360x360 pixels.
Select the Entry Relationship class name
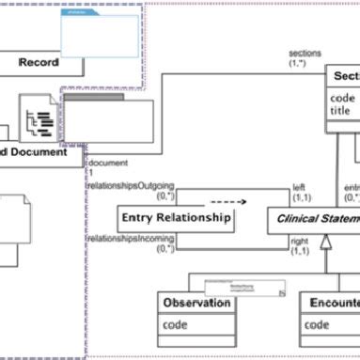tap(175, 217)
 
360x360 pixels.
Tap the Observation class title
tap(196, 303)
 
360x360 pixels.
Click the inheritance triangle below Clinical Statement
tap(325, 243)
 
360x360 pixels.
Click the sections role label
tap(304, 54)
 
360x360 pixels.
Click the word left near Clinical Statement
tap(299, 187)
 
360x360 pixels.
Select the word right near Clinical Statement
tap(299, 241)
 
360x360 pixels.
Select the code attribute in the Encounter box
tap(317, 325)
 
